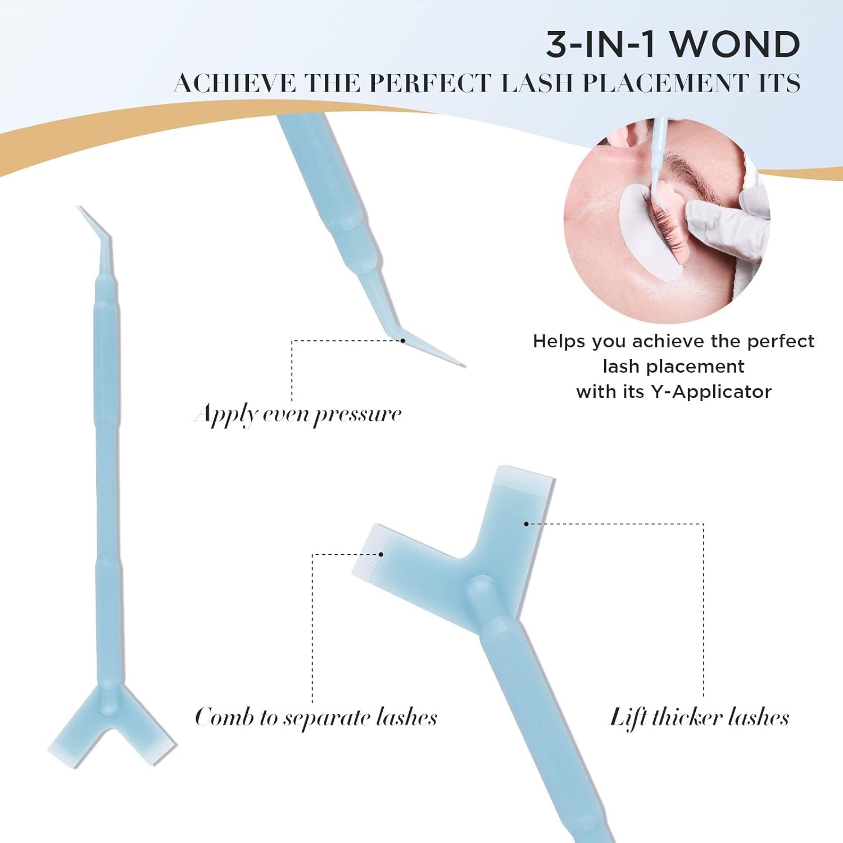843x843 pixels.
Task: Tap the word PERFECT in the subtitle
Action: [430, 83]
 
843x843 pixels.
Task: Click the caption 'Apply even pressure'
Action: [298, 415]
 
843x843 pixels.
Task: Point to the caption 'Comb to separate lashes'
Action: [316, 718]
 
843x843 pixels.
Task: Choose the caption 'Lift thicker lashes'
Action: [700, 718]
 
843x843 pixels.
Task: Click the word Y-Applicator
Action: [711, 392]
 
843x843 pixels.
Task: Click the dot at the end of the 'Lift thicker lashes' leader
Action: [526, 524]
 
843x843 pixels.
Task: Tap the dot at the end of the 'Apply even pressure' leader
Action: [403, 340]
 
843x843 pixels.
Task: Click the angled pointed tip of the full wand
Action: [77, 206]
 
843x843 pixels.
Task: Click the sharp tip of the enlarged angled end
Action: [464, 366]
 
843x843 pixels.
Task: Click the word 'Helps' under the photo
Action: [559, 341]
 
